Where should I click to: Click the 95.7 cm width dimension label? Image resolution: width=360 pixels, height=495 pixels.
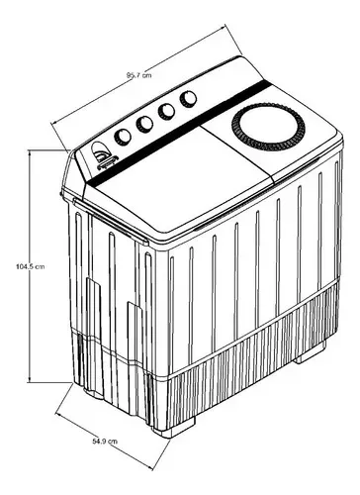139,75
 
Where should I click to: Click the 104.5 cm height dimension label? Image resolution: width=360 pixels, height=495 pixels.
30,266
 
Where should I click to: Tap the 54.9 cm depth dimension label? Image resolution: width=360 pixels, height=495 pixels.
105,441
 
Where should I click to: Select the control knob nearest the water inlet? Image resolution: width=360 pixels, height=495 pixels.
123,137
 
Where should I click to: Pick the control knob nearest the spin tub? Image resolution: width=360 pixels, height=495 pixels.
188,98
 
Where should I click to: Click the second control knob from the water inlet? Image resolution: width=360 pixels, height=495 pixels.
144,124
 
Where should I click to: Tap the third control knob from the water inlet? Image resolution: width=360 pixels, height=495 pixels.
166,112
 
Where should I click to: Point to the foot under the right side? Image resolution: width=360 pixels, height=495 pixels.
310,353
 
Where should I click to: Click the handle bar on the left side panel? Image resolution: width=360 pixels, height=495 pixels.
111,222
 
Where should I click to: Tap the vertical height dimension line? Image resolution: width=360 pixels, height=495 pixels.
30,266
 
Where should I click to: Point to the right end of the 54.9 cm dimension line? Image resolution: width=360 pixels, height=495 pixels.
152,468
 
